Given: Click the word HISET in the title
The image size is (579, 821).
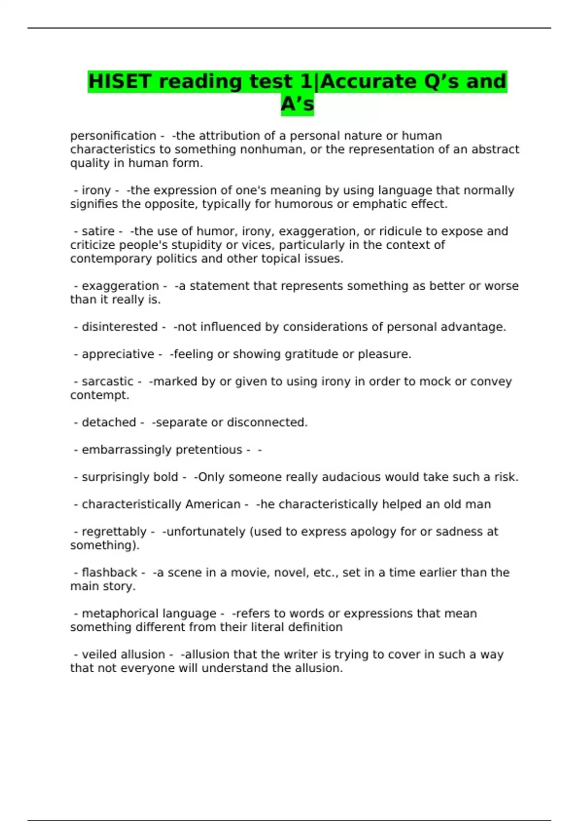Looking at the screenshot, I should pyautogui.click(x=120, y=82).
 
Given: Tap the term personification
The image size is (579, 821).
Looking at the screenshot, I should pyautogui.click(x=113, y=136).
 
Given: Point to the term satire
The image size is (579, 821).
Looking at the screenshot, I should pyautogui.click(x=98, y=231).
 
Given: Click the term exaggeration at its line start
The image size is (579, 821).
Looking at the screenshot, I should pyautogui.click(x=120, y=286).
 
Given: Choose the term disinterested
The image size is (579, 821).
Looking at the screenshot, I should pyautogui.click(x=120, y=327).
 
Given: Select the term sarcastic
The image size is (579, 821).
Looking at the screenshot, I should pyautogui.click(x=107, y=382).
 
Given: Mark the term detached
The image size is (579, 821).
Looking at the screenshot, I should pyautogui.click(x=109, y=423).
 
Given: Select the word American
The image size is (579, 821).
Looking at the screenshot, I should pyautogui.click(x=213, y=504).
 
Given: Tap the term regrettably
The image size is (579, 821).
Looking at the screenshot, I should pyautogui.click(x=114, y=532).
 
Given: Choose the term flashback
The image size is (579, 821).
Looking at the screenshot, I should pyautogui.click(x=110, y=573).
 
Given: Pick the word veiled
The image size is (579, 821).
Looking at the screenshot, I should pyautogui.click(x=99, y=654).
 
